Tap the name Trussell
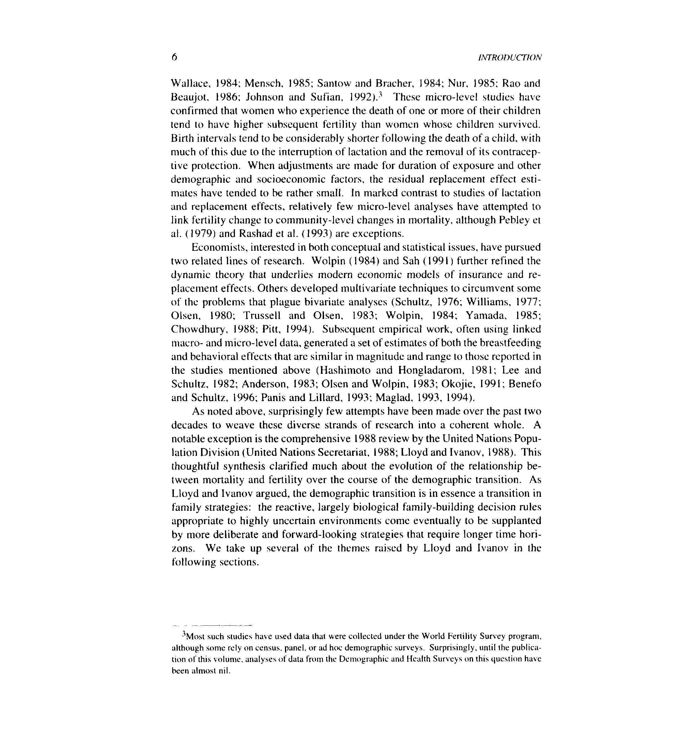[262, 316]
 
